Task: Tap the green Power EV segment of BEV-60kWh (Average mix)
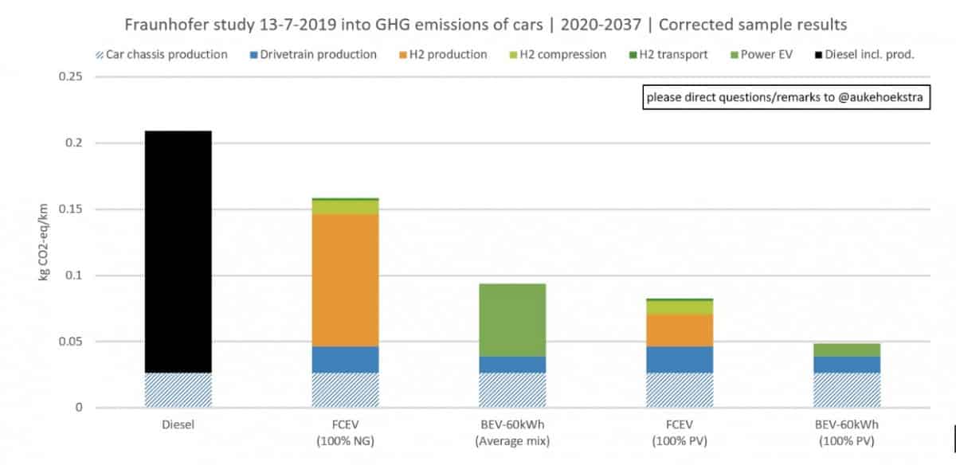point(512,319)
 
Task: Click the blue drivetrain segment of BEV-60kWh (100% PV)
point(847,364)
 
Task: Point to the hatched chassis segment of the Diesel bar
point(178,390)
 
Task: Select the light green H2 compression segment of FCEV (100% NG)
point(345,207)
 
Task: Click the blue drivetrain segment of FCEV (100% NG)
point(345,359)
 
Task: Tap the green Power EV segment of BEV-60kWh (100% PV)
point(847,350)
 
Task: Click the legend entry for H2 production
point(447,55)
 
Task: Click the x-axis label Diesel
point(178,424)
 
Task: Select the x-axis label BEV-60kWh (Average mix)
point(512,431)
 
